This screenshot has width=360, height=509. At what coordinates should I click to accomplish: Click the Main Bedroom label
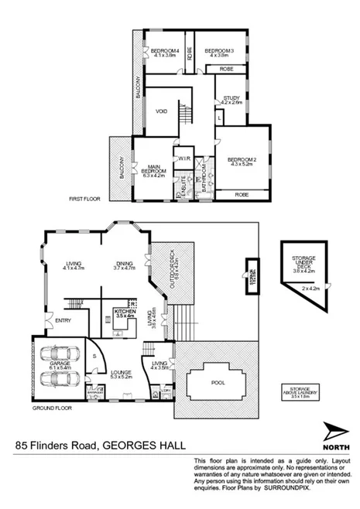[x=154, y=166]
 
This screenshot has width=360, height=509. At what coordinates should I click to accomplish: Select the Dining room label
[x=124, y=265]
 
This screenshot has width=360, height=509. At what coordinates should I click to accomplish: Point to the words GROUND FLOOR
[x=52, y=406]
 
